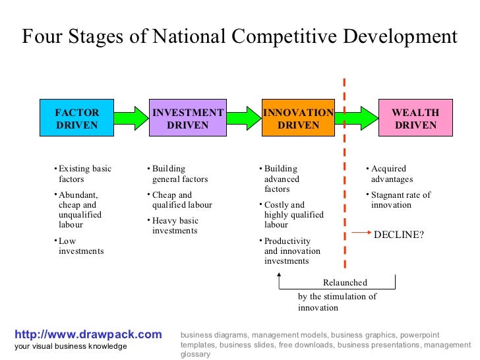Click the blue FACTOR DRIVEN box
(77, 118)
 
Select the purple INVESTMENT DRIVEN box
(188, 118)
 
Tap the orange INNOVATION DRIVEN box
(299, 118)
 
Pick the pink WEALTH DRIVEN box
(415, 118)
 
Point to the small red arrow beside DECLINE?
(360, 233)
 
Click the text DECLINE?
(398, 234)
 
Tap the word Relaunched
(345, 283)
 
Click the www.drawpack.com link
(88, 334)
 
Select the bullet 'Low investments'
(81, 246)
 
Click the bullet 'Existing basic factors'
(84, 173)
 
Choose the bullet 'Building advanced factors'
(282, 179)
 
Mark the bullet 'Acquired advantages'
(392, 173)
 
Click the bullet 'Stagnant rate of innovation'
(400, 200)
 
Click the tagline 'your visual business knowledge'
(71, 347)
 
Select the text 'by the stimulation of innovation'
(337, 302)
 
